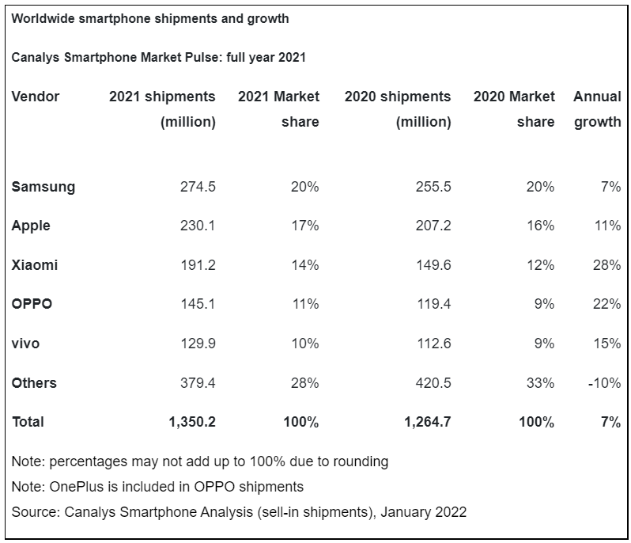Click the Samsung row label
[x=43, y=187]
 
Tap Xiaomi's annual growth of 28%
[x=607, y=265]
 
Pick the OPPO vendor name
[x=32, y=304]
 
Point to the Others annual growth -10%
[x=605, y=383]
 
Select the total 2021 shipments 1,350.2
[x=192, y=422]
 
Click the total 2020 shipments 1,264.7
[x=428, y=422]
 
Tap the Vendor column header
[x=36, y=97]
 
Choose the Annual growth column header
[x=597, y=109]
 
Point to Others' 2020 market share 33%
[x=541, y=383]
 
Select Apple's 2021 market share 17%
[x=305, y=226]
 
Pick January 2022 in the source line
[x=423, y=512]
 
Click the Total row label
[x=28, y=422]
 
